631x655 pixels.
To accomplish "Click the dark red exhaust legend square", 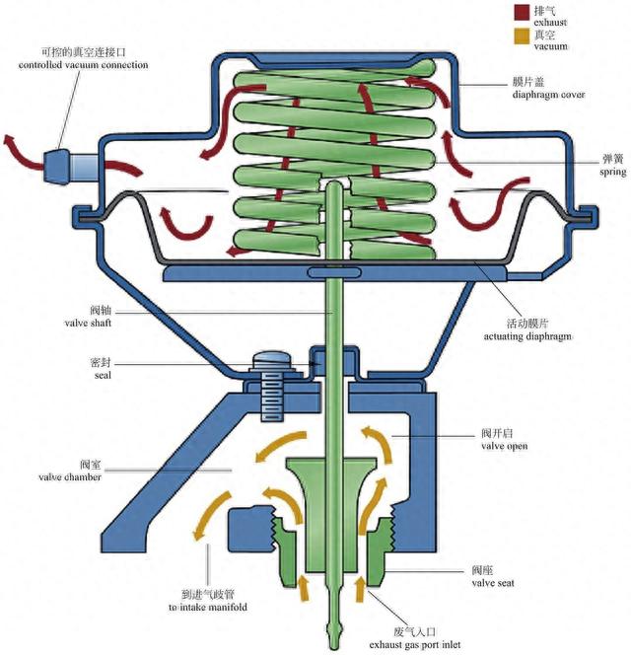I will [x=521, y=13].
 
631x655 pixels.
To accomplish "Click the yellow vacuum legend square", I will [x=521, y=37].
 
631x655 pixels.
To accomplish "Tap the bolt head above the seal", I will [x=269, y=363].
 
